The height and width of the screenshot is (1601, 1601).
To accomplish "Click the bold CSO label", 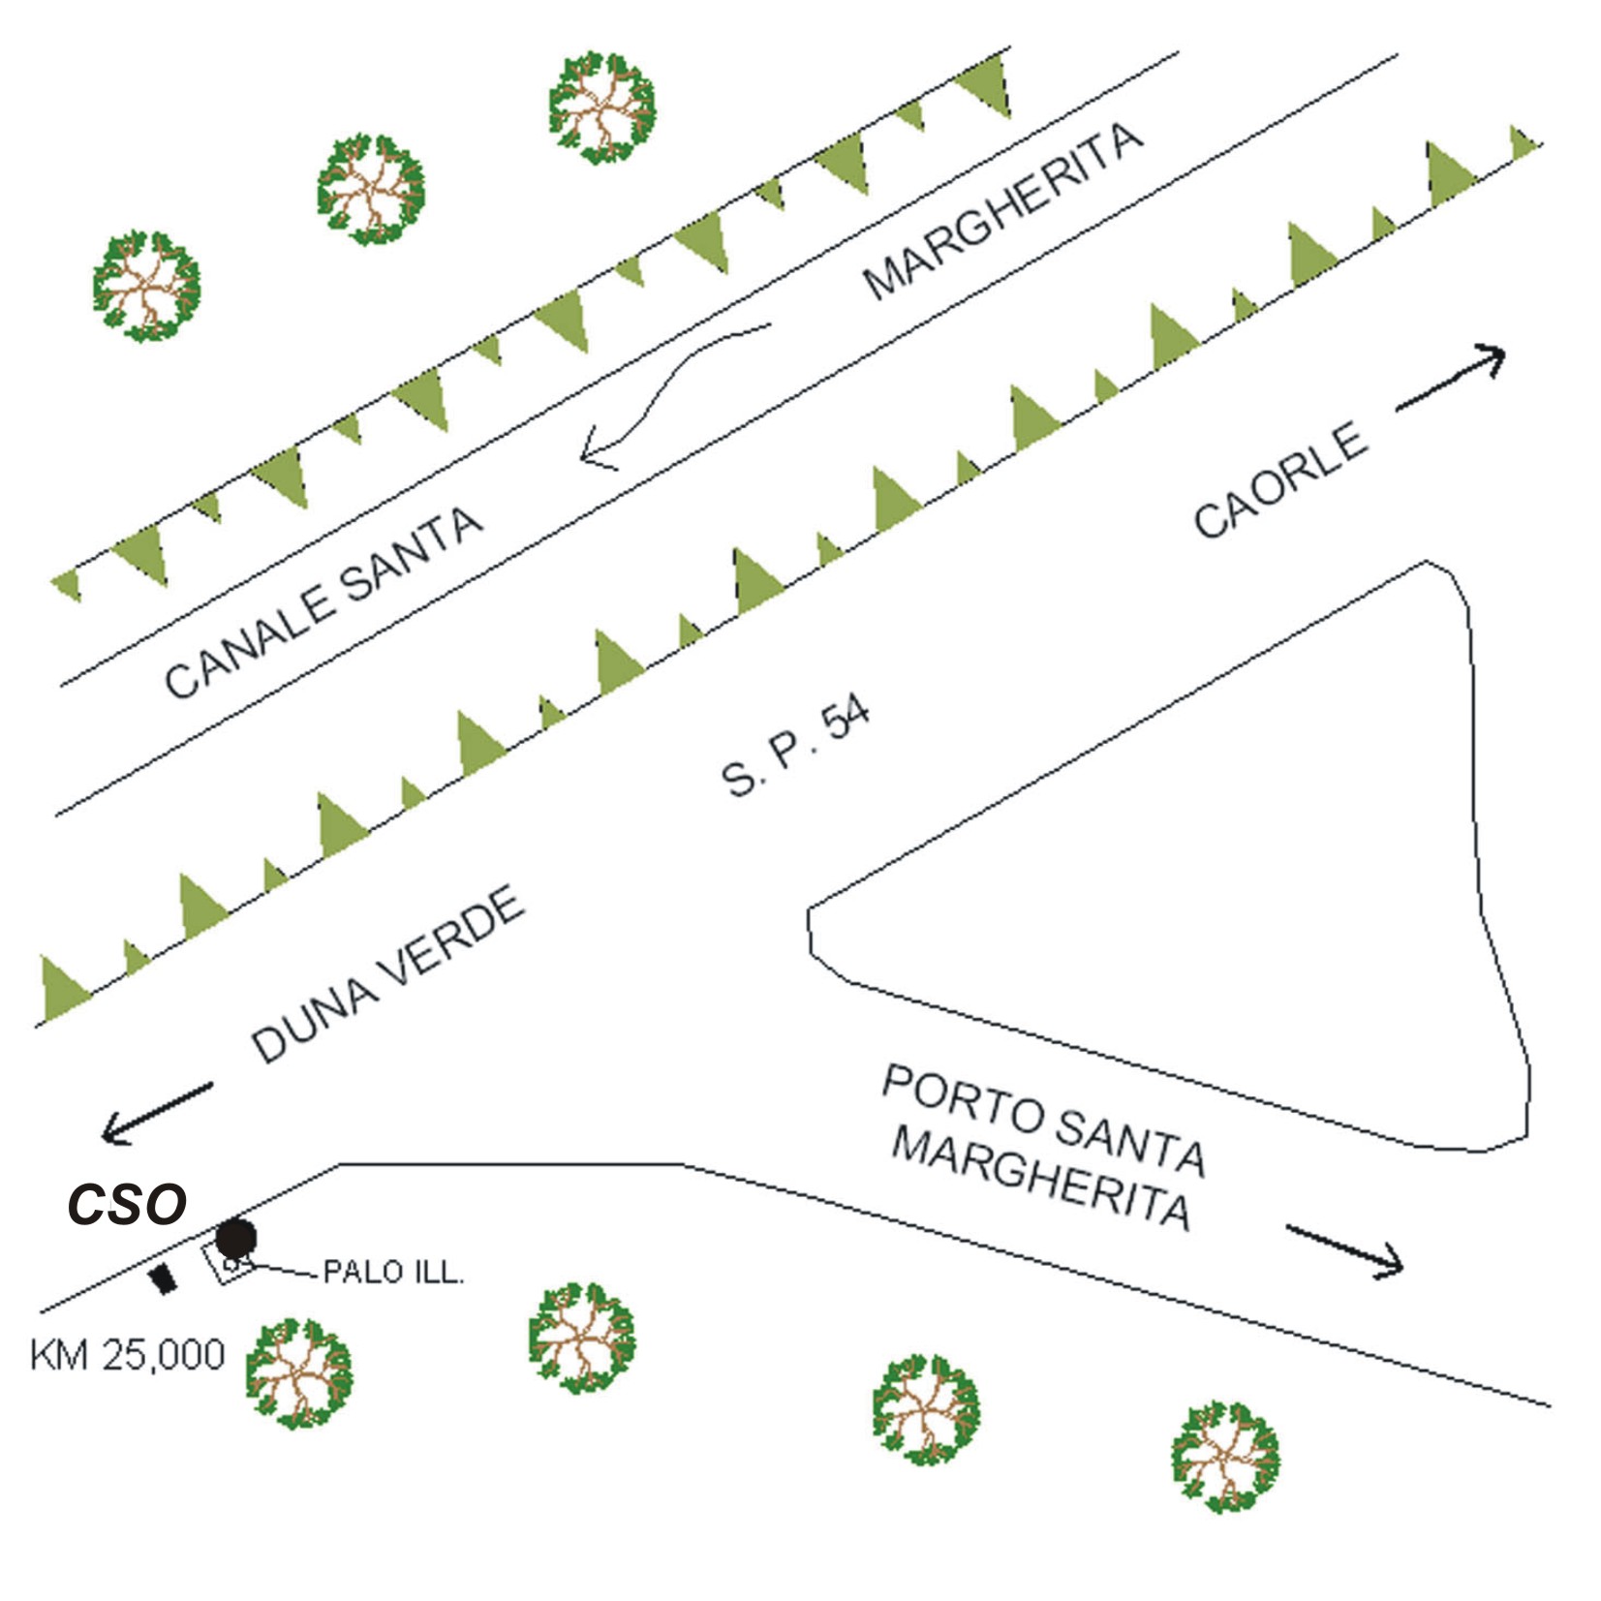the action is coord(127,1204).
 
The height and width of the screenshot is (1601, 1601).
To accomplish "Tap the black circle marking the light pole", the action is coord(235,1238).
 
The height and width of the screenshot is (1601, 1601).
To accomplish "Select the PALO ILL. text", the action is coord(393,1272).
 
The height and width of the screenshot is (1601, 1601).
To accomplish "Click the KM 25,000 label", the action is coord(128,1354).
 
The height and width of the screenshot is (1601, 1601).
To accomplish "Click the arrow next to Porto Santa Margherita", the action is coord(1344,1251).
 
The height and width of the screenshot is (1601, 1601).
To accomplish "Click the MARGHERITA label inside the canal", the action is coord(1002,211).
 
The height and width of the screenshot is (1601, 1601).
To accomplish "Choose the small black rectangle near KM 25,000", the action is coord(164,1278).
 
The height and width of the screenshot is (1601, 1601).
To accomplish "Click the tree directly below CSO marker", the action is coord(298,1372).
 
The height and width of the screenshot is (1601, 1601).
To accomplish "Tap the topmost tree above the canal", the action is coord(601,107).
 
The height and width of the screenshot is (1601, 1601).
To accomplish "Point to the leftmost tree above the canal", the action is coord(146,286).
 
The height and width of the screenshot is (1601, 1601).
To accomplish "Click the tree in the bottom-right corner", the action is coord(1225,1456).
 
